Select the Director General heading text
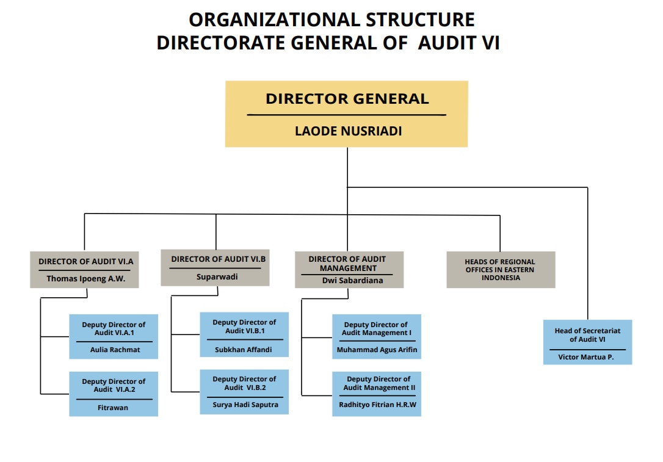tap(347, 99)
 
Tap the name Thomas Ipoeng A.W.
tap(84, 278)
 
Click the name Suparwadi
tap(217, 276)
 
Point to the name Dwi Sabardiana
tap(349, 281)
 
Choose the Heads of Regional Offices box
tap(501, 270)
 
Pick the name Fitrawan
tap(113, 407)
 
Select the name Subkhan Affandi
tap(244, 350)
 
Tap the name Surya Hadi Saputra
tap(244, 405)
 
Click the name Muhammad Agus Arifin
tap(377, 350)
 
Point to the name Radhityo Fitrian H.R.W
tap(377, 405)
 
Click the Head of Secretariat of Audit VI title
tap(587, 335)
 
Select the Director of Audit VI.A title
tap(85, 262)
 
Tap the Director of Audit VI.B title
tap(218, 259)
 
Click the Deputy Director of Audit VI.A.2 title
tap(114, 386)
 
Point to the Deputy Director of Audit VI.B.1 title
tap(244, 326)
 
